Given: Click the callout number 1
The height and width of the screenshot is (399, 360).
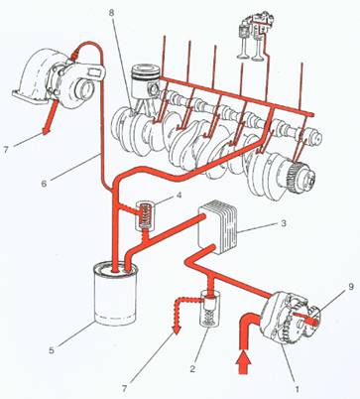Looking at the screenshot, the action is [297, 389].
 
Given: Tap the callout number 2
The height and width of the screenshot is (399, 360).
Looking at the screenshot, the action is [192, 368].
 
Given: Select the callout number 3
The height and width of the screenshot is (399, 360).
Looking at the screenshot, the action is [284, 223].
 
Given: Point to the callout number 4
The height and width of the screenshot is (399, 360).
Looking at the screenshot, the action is [179, 195].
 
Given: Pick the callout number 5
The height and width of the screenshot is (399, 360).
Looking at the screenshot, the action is [52, 350].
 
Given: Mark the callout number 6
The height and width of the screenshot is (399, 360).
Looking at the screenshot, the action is [44, 184].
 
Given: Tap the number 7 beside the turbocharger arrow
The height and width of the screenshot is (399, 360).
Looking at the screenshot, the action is [6, 150].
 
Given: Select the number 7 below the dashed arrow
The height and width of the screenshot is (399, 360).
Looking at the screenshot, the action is [124, 388].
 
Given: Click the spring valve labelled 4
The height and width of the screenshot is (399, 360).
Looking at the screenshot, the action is [146, 215].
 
